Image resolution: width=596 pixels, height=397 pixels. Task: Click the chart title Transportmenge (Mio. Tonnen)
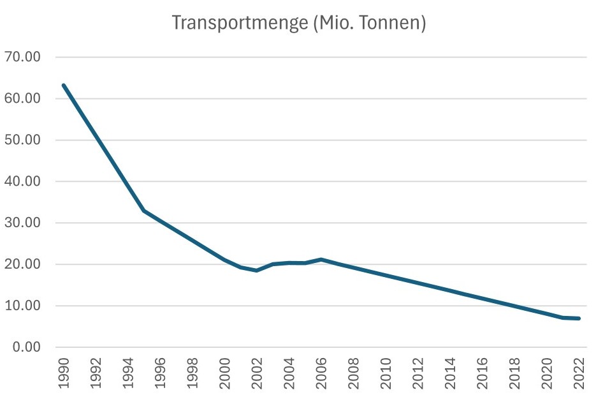(x=298, y=24)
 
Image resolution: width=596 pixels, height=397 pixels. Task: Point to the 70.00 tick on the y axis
(x=23, y=57)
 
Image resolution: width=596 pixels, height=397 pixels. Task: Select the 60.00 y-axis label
(x=23, y=99)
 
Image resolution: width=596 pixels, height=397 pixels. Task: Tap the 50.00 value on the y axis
(x=23, y=140)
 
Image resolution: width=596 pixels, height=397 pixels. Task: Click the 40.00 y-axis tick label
(x=23, y=182)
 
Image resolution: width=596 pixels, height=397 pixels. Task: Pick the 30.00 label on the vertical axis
(x=23, y=223)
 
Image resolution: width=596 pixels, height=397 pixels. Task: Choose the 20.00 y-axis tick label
(x=23, y=265)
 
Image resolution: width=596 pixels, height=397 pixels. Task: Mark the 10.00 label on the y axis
(x=23, y=306)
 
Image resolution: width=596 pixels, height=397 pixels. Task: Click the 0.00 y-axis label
(x=26, y=348)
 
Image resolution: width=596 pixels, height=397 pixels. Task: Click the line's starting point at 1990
(x=64, y=86)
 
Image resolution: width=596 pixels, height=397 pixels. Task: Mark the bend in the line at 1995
(x=144, y=211)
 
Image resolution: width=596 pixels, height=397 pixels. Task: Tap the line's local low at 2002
(x=257, y=271)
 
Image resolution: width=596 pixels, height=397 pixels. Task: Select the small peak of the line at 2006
(x=321, y=259)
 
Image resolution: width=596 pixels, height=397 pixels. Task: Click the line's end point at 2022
(x=579, y=318)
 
